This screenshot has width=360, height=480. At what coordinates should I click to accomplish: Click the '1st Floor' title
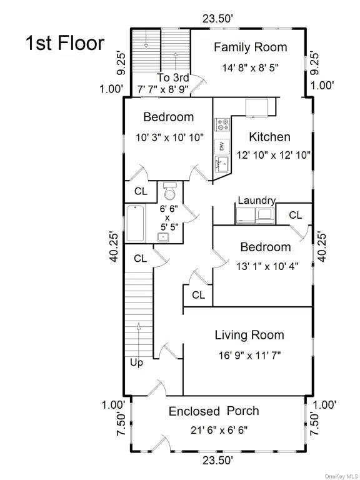click(65, 43)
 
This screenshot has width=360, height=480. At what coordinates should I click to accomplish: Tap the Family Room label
click(251, 47)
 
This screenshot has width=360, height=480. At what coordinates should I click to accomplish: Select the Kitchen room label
click(270, 137)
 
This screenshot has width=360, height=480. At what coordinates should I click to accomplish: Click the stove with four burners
click(222, 124)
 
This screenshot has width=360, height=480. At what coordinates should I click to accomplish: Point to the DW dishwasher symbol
click(222, 146)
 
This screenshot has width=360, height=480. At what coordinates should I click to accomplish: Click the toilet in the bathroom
click(170, 191)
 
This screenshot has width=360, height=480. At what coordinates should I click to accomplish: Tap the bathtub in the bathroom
click(135, 223)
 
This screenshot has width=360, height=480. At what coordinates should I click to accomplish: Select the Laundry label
click(257, 201)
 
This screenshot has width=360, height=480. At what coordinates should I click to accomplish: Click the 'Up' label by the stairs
click(136, 362)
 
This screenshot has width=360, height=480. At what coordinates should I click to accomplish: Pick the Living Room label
click(249, 335)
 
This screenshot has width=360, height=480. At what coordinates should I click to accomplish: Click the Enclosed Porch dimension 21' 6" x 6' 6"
click(219, 431)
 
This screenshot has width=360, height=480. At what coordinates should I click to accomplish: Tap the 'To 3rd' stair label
click(173, 77)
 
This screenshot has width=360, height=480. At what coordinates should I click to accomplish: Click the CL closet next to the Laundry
click(296, 215)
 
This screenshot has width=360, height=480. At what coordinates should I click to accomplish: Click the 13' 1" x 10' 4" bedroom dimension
click(267, 266)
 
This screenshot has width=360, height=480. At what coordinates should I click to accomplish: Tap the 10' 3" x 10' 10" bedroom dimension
click(169, 137)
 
